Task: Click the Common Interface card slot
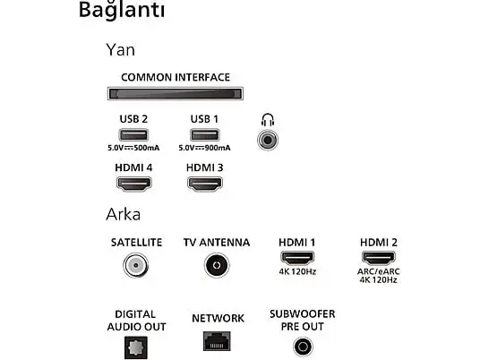(176, 93)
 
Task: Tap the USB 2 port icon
(133, 134)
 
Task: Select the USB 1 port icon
(204, 134)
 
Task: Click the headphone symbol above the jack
(268, 120)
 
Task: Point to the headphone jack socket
(268, 141)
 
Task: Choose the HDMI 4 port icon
(133, 184)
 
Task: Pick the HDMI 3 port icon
(205, 184)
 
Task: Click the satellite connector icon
(136, 265)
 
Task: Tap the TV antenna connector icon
(217, 265)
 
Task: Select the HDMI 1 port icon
(297, 258)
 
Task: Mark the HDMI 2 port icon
(379, 258)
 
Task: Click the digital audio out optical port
(136, 347)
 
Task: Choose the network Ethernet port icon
(217, 341)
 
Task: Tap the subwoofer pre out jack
(303, 347)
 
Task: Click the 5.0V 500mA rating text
(133, 148)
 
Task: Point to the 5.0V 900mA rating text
(204, 148)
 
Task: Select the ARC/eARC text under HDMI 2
(379, 271)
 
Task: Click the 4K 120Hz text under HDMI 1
(297, 271)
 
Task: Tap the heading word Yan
(120, 50)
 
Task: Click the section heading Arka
(123, 214)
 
